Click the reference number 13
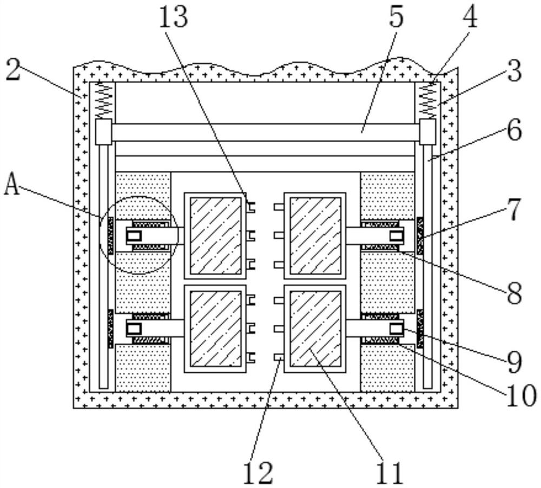point(174,18)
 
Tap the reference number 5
point(396,18)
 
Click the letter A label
point(12,185)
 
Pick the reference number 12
point(258,473)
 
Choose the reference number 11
point(390,473)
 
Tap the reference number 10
point(521,396)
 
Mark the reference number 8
point(514,294)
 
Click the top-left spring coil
point(104,101)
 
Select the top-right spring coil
point(428,101)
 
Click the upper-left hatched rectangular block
point(216,236)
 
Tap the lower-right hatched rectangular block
point(315,329)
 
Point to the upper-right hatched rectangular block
point(315,236)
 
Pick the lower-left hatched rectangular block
point(216,329)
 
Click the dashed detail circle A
point(138,235)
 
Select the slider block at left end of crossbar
point(103,132)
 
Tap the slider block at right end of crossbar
point(428,132)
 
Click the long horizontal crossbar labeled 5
point(266,132)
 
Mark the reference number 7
point(514,210)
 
